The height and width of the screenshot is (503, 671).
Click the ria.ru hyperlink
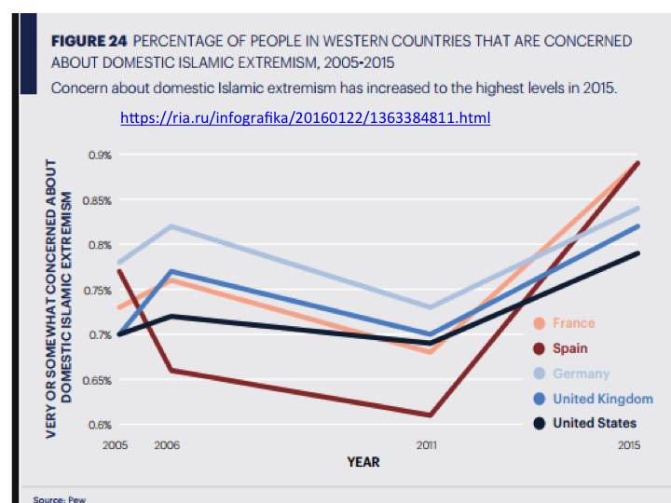(x=306, y=118)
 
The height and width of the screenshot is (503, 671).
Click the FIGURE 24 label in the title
(x=89, y=42)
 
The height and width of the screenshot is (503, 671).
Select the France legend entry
(x=572, y=323)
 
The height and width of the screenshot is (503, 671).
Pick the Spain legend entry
(x=569, y=348)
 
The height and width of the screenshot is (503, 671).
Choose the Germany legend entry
(x=580, y=374)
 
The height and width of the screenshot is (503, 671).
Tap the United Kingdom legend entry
(x=602, y=399)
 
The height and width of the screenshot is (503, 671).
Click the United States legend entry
(x=596, y=423)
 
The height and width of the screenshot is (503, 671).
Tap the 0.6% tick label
(x=100, y=425)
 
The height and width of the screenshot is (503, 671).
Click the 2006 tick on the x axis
(x=168, y=446)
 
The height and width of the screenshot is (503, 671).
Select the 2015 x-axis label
(x=630, y=446)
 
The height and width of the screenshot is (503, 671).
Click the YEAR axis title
(x=363, y=462)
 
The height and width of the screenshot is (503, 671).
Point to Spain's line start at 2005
(x=118, y=271)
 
